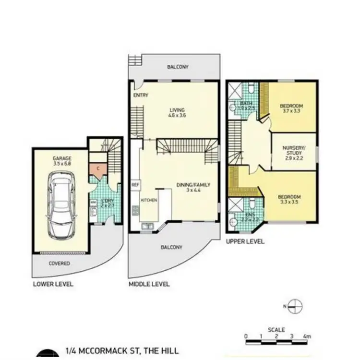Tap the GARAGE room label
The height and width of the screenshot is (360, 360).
pyautogui.click(x=61, y=158)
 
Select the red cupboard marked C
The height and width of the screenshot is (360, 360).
pyautogui.click(x=98, y=169)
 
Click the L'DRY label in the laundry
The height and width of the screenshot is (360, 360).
pyautogui.click(x=107, y=202)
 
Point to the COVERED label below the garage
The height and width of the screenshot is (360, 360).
pyautogui.click(x=60, y=264)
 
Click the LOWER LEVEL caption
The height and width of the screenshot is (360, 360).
pyautogui.click(x=53, y=284)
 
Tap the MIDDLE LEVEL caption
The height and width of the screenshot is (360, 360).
pyautogui.click(x=149, y=284)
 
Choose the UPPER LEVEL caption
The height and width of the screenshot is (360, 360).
pyautogui.click(x=245, y=241)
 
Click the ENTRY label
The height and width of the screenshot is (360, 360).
pyautogui.click(x=141, y=95)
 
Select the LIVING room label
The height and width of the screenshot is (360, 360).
pyautogui.click(x=177, y=110)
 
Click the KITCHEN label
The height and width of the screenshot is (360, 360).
pyautogui.click(x=149, y=200)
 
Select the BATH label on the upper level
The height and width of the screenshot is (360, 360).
pyautogui.click(x=246, y=103)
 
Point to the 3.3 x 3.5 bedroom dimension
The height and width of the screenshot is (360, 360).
pyautogui.click(x=289, y=203)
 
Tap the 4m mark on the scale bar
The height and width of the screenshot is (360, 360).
pyautogui.click(x=307, y=336)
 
